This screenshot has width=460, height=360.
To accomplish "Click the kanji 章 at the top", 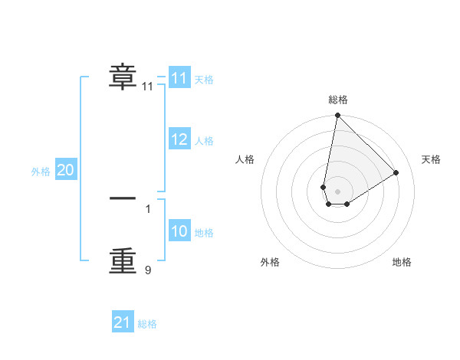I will (123, 77).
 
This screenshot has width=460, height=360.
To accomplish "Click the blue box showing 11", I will (179, 78).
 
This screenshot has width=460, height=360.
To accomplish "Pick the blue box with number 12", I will (179, 139).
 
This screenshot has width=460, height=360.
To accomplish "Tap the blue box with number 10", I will (179, 231).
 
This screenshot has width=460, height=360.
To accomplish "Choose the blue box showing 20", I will (65, 170).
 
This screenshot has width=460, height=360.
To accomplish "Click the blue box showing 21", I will (123, 322).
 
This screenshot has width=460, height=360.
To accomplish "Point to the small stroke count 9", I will (148, 270).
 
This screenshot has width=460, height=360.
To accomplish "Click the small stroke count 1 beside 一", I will (148, 208).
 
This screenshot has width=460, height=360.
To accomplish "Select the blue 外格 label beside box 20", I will (41, 172).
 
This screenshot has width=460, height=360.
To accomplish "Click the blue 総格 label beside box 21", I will (147, 324).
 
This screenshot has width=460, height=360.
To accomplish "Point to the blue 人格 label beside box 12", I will (204, 141).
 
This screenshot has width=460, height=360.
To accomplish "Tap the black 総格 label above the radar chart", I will (338, 100).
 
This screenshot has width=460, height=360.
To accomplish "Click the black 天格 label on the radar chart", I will (432, 159).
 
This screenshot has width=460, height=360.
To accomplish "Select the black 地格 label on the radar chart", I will (402, 262).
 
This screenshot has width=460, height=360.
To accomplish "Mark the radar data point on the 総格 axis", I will (337, 116).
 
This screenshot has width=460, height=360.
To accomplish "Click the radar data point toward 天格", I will (396, 172).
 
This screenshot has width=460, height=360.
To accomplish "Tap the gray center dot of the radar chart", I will (337, 191).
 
